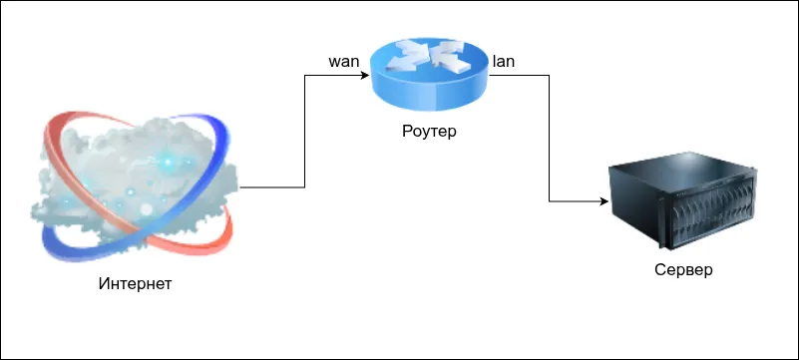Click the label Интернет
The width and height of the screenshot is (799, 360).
(135, 283)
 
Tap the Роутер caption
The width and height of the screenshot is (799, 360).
(429, 132)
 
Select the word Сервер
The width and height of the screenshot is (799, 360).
(683, 270)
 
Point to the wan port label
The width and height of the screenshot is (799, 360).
(344, 62)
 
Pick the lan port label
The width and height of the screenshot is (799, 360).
(503, 62)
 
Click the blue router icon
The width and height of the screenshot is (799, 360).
(429, 76)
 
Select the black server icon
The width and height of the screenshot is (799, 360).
(682, 200)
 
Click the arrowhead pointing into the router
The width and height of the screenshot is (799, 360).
(365, 76)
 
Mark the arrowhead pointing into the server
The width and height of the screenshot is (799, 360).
(604, 201)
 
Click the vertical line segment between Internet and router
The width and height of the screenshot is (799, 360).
(304, 132)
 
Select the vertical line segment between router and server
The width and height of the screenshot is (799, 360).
(550, 139)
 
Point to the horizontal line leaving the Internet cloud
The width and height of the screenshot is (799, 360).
(272, 187)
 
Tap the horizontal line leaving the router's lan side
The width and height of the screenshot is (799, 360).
(520, 76)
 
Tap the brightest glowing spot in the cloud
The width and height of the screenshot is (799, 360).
(168, 162)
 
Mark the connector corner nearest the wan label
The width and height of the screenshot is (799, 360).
(304, 76)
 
